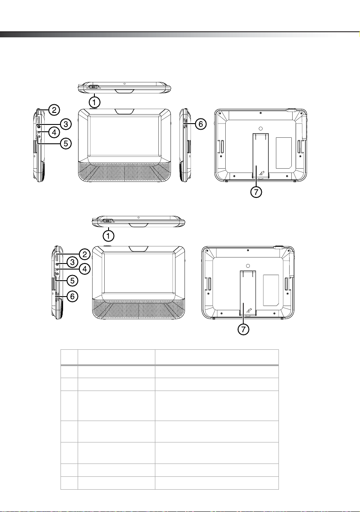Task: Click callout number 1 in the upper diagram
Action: point(95,103)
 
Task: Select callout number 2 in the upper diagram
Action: point(54,110)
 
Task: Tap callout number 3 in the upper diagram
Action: point(66,124)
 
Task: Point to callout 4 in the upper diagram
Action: point(54,133)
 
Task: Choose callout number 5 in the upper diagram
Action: point(66,144)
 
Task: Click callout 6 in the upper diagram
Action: point(201,124)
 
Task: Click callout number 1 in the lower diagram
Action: point(109,235)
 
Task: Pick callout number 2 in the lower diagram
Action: point(85,254)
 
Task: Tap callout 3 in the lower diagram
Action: point(73,262)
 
